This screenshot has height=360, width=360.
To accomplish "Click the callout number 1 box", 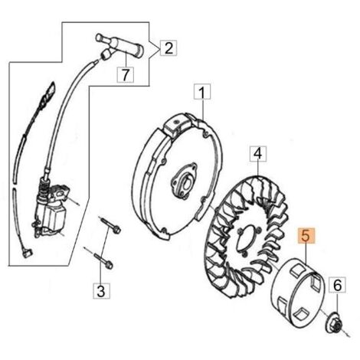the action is coord(202,92).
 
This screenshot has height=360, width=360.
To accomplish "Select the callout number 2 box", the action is coord(169,47).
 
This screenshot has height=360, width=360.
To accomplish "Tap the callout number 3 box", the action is coord(101,290).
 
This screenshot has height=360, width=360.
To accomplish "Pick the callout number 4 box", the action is coord(258,154).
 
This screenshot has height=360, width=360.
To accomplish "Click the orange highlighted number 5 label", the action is coord(306,236).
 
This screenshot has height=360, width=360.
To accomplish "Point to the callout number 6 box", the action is coord(337,285).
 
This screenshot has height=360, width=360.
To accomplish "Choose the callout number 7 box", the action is coord(125,74).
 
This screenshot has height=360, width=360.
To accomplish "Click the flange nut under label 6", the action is coord(335,324).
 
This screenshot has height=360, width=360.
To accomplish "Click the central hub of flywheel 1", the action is coord(185,181).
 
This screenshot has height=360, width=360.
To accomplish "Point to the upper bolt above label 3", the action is coord(110,224).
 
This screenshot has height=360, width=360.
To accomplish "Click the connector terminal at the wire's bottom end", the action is coord(28,254).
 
